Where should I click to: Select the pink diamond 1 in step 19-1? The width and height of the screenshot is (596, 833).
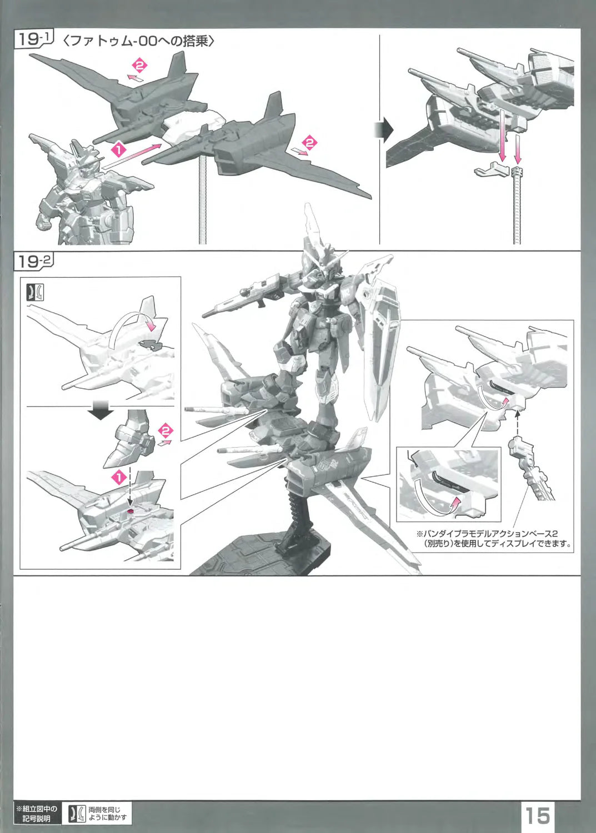118,150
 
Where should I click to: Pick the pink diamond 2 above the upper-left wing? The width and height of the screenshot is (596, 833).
139,66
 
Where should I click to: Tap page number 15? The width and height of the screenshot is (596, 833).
538,814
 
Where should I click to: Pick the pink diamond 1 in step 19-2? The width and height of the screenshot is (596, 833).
119,477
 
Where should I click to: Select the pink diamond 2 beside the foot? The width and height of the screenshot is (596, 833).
165,430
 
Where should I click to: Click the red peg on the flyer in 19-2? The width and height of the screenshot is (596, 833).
130,511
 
